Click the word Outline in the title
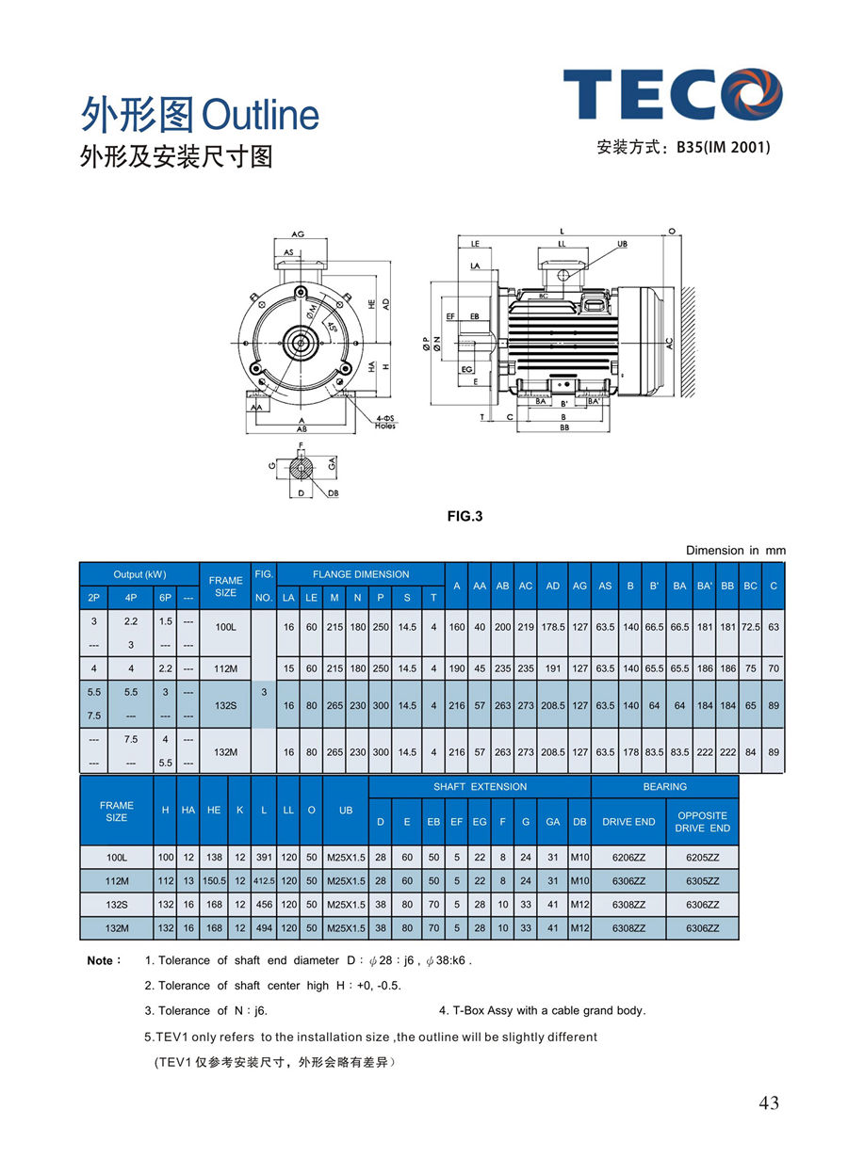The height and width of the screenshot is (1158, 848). [261, 116]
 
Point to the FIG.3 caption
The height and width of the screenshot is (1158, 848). [465, 516]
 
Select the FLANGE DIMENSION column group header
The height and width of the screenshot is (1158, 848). [361, 574]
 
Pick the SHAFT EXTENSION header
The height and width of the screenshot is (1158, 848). [480, 786]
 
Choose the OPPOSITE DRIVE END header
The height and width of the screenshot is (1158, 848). [702, 822]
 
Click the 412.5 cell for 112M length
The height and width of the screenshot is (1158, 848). [264, 881]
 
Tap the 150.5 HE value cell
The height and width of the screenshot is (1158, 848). [215, 881]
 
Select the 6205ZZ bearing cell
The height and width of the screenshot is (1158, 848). [702, 858]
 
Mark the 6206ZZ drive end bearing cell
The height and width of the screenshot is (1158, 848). [628, 858]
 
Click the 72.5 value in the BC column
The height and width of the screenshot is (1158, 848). [751, 626]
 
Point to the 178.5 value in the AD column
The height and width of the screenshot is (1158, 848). [553, 626]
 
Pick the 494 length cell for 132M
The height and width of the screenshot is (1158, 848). [264, 928]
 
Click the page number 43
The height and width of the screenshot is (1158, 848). [769, 1103]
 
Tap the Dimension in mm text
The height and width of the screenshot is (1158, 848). [735, 550]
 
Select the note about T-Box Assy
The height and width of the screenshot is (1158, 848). [542, 1010]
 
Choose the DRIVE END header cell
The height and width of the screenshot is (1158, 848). [628, 822]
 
